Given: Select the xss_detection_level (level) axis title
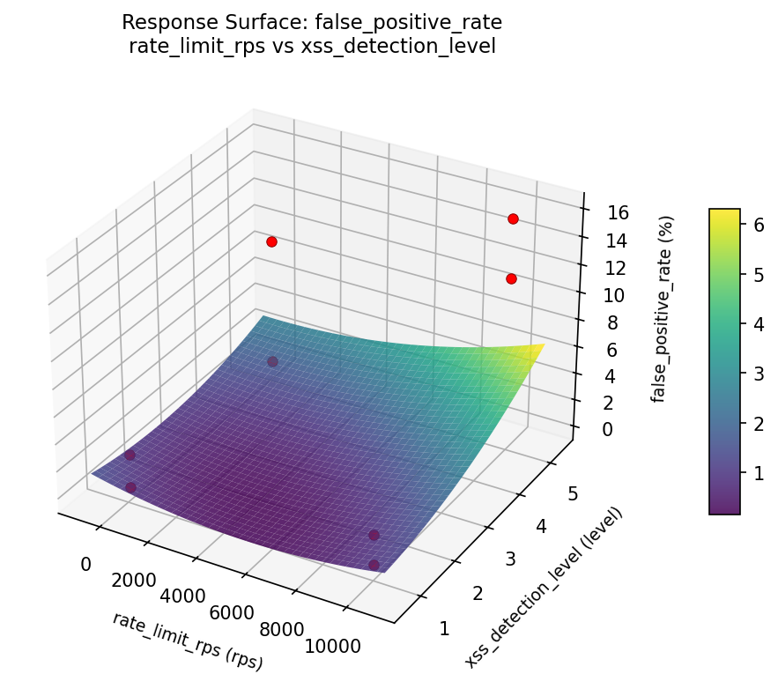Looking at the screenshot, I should pyautogui.click(x=545, y=587).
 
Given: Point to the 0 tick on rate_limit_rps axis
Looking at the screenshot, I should pyautogui.click(x=85, y=564).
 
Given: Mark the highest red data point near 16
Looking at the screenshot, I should pyautogui.click(x=513, y=218).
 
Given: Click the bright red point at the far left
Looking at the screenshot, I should pyautogui.click(x=271, y=241).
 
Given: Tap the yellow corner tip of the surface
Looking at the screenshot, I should pyautogui.click(x=543, y=344).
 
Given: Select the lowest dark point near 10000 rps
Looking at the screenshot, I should pyautogui.click(x=374, y=565).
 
